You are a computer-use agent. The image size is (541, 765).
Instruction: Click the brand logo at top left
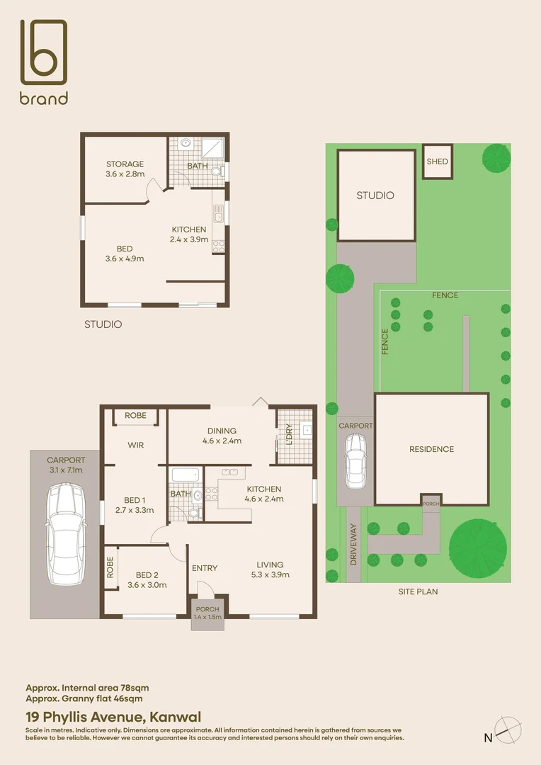(44, 62)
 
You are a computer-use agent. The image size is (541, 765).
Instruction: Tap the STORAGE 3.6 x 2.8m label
(125, 169)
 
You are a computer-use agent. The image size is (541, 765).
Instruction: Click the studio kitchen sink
(219, 212)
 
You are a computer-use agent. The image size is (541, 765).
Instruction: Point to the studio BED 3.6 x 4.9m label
(125, 254)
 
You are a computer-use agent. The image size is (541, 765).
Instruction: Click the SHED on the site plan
(437, 162)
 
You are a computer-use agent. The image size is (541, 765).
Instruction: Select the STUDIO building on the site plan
(375, 195)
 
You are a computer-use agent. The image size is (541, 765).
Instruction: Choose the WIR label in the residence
(136, 446)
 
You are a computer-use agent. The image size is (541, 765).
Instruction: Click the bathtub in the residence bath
(185, 475)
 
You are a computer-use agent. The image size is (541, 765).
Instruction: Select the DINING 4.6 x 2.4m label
(222, 435)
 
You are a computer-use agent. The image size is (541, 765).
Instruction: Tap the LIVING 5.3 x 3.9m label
(269, 569)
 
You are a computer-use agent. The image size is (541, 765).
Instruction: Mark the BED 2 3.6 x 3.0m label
(147, 579)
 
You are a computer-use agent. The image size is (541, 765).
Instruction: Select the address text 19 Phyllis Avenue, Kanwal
(113, 717)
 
